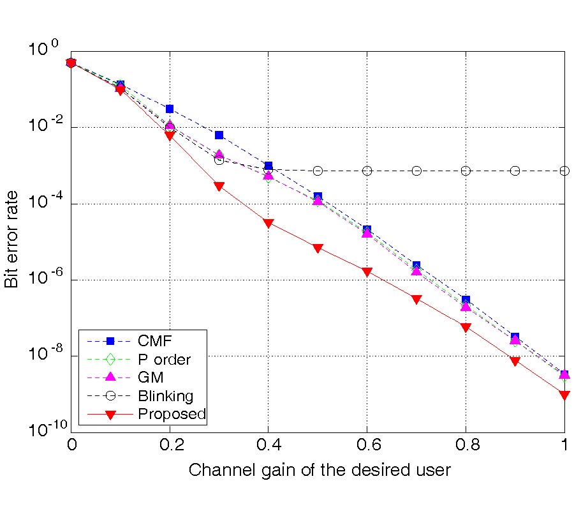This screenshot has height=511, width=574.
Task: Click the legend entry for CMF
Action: click(155, 341)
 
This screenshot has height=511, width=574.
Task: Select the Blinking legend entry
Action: click(165, 396)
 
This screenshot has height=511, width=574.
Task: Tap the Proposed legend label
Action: click(172, 415)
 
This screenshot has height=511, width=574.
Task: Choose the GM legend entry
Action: click(151, 378)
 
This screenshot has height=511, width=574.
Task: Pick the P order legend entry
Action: click(164, 360)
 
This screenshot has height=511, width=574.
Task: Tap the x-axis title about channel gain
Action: click(320, 471)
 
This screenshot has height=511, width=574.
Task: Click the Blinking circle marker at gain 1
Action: click(564, 171)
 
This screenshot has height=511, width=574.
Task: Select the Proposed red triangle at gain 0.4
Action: click(268, 224)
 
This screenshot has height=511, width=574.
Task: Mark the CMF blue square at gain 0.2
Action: click(169, 109)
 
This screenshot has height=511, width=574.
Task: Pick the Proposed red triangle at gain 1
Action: click(564, 395)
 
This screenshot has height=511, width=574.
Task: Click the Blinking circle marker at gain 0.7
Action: click(416, 171)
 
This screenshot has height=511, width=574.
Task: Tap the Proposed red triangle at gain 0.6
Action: click(367, 272)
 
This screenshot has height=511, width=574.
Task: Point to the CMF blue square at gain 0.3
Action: click(219, 135)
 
